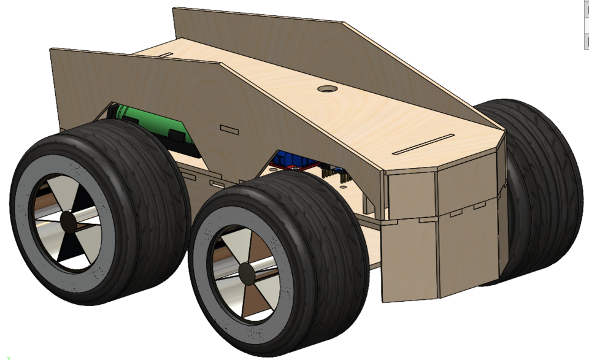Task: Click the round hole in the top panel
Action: click(328, 89)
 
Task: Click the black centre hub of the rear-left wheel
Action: click(68, 221)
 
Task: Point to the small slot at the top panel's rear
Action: click(166, 55)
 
